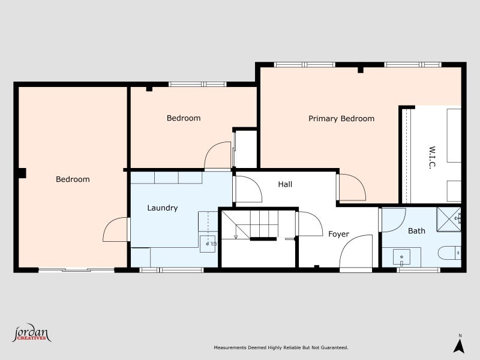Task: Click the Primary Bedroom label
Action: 341,119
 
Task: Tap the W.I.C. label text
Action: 431,157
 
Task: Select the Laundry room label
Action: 163,208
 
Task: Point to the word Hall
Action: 285,184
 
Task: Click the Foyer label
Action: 338,234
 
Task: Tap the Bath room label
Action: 416,230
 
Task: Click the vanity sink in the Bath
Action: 401,258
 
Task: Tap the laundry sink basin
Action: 209,242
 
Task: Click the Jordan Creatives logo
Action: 32,334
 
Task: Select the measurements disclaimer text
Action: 281,347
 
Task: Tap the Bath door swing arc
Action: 393,220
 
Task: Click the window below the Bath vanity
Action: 418,270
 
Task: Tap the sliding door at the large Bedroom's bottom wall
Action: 76,270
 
